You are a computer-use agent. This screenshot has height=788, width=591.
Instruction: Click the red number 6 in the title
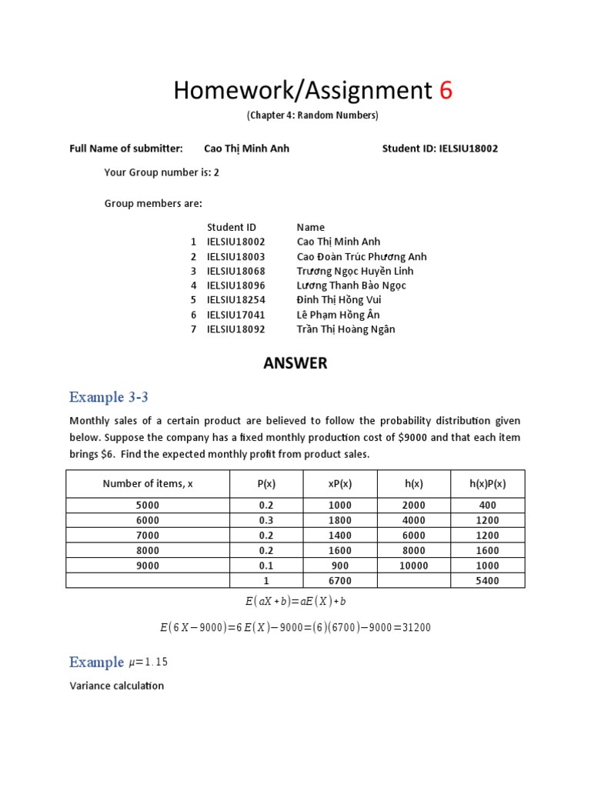point(446,91)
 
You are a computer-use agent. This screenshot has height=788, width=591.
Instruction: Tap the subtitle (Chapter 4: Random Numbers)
point(312,115)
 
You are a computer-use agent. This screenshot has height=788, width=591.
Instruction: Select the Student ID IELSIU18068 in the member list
point(235,271)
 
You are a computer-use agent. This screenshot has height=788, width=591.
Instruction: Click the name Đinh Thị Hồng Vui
point(339,300)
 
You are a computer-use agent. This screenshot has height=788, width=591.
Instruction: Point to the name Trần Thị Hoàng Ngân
point(346,329)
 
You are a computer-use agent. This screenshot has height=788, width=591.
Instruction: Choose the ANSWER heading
point(295,363)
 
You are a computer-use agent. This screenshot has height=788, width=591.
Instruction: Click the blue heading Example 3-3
point(109,397)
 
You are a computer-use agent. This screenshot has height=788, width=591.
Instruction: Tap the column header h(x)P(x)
point(487,483)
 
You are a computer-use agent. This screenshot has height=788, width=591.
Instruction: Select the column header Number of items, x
point(148,483)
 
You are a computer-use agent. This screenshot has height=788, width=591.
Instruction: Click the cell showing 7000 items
point(148,536)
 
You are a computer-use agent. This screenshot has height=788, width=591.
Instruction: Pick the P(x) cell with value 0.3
point(265,520)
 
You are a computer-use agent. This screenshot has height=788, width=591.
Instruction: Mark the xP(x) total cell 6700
point(339,581)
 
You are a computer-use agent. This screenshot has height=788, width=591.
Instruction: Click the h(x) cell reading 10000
point(413,566)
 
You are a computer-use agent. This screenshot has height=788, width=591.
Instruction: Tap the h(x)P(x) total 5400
point(487,581)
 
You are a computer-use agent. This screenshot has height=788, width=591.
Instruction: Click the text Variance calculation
point(116,686)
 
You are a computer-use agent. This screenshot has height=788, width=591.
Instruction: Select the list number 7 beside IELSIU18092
point(194,329)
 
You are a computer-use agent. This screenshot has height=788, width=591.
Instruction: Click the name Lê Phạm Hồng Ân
point(338,315)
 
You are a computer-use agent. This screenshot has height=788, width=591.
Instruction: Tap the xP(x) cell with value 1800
point(339,520)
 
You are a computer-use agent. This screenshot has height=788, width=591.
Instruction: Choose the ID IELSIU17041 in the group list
point(235,315)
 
